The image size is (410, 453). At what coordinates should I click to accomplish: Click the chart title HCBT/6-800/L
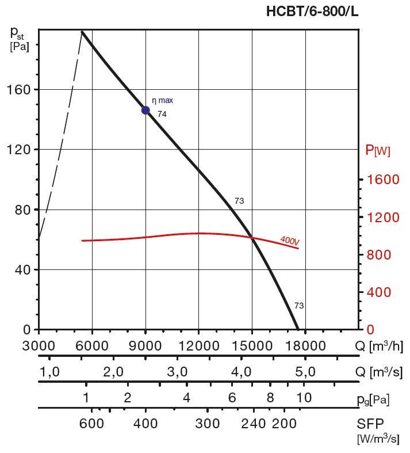click(x=312, y=11)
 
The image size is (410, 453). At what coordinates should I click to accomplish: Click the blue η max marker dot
click(x=145, y=110)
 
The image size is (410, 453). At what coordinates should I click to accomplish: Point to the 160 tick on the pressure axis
click(x=19, y=90)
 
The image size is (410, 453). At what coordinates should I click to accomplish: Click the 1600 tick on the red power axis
click(x=382, y=180)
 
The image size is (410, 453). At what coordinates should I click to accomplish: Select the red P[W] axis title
click(x=378, y=151)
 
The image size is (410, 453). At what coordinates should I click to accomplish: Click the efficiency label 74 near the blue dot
click(x=162, y=114)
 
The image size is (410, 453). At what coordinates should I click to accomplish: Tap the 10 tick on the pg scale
click(x=304, y=397)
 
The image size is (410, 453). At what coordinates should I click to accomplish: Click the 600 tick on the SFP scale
click(x=91, y=424)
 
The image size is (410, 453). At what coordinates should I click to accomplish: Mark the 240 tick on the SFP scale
click(x=254, y=424)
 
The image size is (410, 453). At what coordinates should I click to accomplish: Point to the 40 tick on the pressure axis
click(x=22, y=269)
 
